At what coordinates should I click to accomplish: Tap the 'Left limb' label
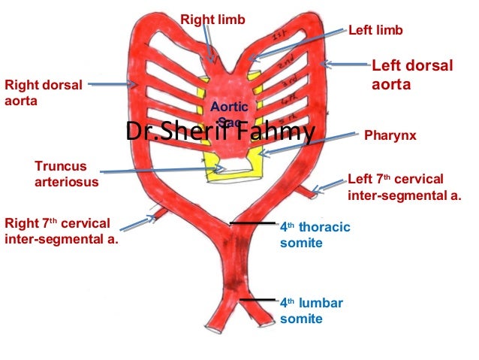[x=375, y=30]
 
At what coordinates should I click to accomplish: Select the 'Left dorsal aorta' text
[x=411, y=75]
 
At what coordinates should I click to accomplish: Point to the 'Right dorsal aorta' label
[x=43, y=92]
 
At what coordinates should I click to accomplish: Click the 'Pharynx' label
[x=389, y=138]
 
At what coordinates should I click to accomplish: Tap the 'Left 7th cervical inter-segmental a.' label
[x=405, y=187]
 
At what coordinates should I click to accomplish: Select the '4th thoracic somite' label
[x=314, y=234]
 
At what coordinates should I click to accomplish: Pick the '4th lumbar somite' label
[x=311, y=310]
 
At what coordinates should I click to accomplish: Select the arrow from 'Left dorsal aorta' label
[x=345, y=65]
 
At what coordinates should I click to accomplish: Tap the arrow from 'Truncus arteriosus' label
[x=165, y=171]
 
